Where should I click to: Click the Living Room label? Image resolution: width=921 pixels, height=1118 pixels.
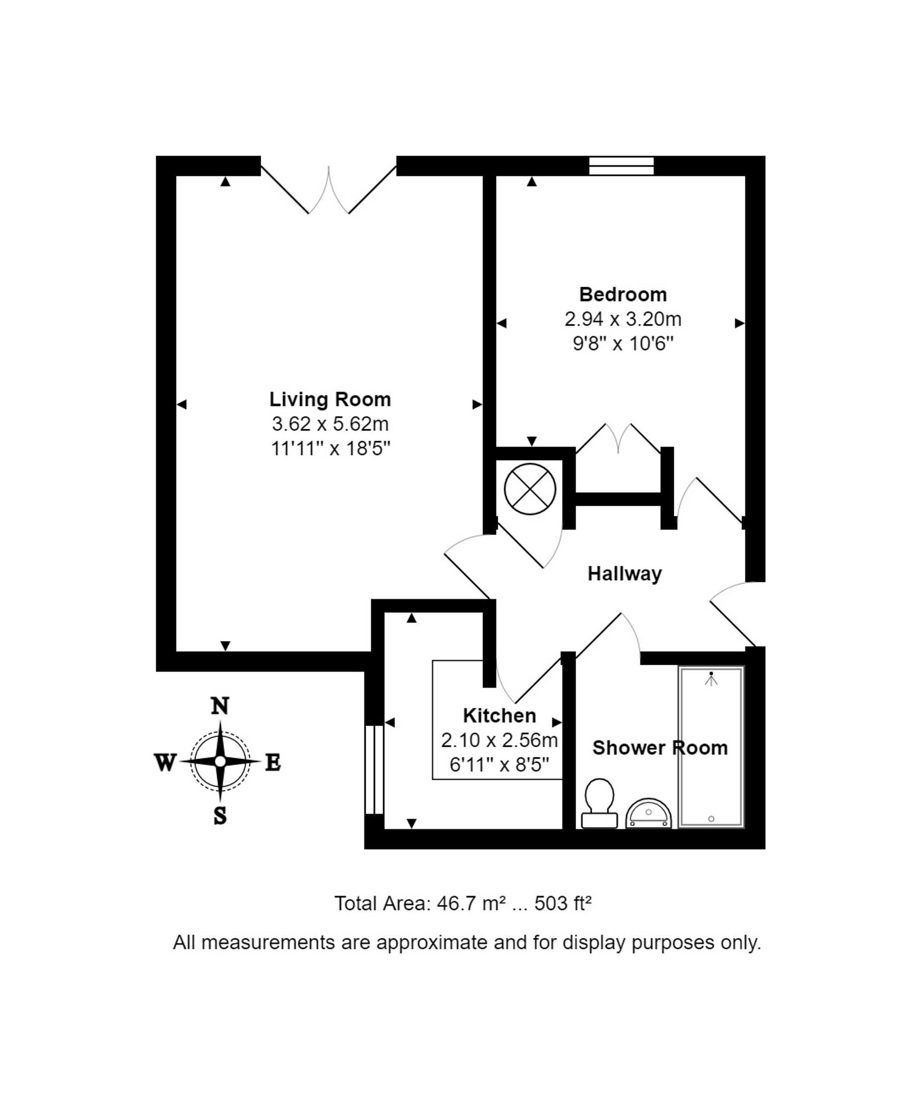(330, 399)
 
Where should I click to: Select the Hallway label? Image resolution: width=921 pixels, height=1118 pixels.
(624, 574)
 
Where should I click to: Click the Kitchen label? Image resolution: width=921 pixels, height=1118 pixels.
(499, 715)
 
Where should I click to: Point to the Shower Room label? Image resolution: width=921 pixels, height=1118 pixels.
(660, 748)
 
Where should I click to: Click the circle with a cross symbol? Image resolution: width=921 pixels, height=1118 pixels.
(530, 489)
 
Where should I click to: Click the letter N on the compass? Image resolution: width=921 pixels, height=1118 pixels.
(220, 706)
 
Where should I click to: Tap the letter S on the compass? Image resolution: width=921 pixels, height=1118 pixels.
(220, 816)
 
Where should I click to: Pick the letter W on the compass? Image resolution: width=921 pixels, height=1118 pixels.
(165, 763)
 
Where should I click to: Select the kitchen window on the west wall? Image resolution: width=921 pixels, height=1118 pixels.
(374, 769)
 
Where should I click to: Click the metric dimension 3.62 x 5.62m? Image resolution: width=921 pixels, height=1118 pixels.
(330, 424)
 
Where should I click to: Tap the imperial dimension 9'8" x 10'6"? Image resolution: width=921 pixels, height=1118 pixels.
(623, 344)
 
